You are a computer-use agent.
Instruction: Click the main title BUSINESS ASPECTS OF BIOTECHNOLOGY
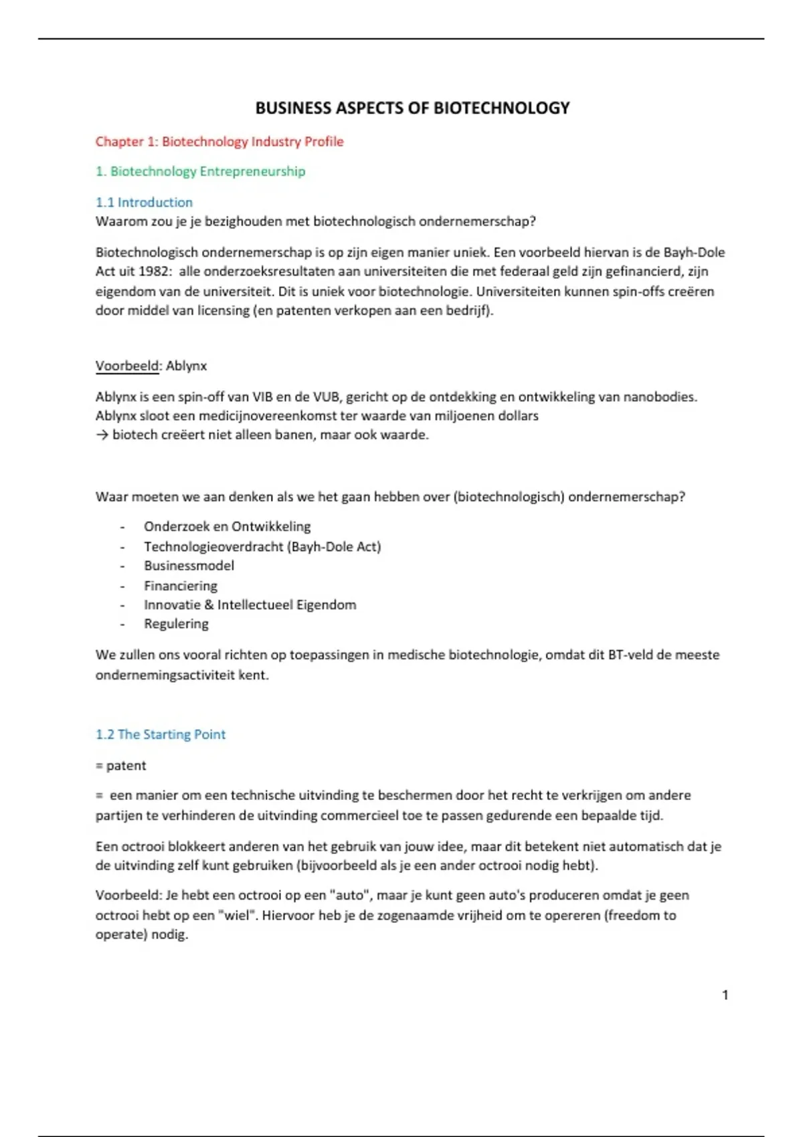pyautogui.click(x=412, y=108)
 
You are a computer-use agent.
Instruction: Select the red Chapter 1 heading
pyautogui.click(x=219, y=142)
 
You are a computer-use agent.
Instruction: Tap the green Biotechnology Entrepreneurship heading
pyautogui.click(x=200, y=171)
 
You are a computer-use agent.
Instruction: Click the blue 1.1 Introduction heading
pyautogui.click(x=144, y=202)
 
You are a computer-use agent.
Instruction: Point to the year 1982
pyautogui.click(x=153, y=272)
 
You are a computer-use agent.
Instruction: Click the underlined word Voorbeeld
pyautogui.click(x=127, y=366)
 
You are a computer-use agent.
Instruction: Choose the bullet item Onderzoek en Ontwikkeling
pyautogui.click(x=227, y=526)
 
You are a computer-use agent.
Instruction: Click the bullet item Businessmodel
pyautogui.click(x=189, y=566)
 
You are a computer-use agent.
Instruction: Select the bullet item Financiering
pyautogui.click(x=181, y=586)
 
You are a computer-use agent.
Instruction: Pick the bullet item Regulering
pyautogui.click(x=176, y=624)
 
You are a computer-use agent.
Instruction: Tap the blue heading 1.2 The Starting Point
pyautogui.click(x=161, y=734)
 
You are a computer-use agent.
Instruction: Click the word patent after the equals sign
pyautogui.click(x=126, y=766)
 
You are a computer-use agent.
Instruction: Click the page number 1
pyautogui.click(x=725, y=995)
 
